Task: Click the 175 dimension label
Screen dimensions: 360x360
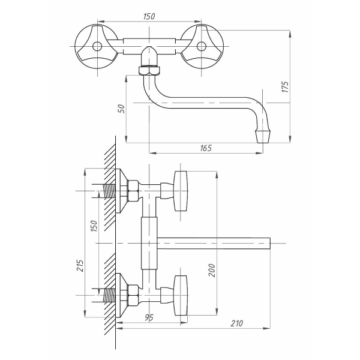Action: click(285, 86)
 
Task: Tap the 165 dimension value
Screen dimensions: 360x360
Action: click(206, 148)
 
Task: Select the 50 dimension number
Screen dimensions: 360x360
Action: click(121, 109)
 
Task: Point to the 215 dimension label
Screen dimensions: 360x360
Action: click(80, 266)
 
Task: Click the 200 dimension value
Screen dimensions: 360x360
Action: click(212, 270)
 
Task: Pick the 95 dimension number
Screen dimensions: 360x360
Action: click(149, 318)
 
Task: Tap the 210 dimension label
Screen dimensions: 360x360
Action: click(237, 323)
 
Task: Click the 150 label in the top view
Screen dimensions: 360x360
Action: click(149, 17)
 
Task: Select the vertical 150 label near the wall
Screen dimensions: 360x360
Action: click(94, 226)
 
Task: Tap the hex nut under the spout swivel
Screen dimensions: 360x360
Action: click(149, 70)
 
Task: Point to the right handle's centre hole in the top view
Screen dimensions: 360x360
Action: click(202, 46)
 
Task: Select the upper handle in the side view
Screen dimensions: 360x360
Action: click(181, 191)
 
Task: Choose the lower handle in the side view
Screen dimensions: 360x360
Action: click(181, 295)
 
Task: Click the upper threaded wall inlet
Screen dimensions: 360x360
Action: click(109, 191)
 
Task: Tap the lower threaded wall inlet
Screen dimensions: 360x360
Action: click(109, 295)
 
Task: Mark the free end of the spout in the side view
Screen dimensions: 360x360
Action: click(269, 243)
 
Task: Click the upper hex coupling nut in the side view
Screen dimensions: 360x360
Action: click(133, 191)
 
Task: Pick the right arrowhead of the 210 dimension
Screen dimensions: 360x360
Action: click(267, 328)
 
